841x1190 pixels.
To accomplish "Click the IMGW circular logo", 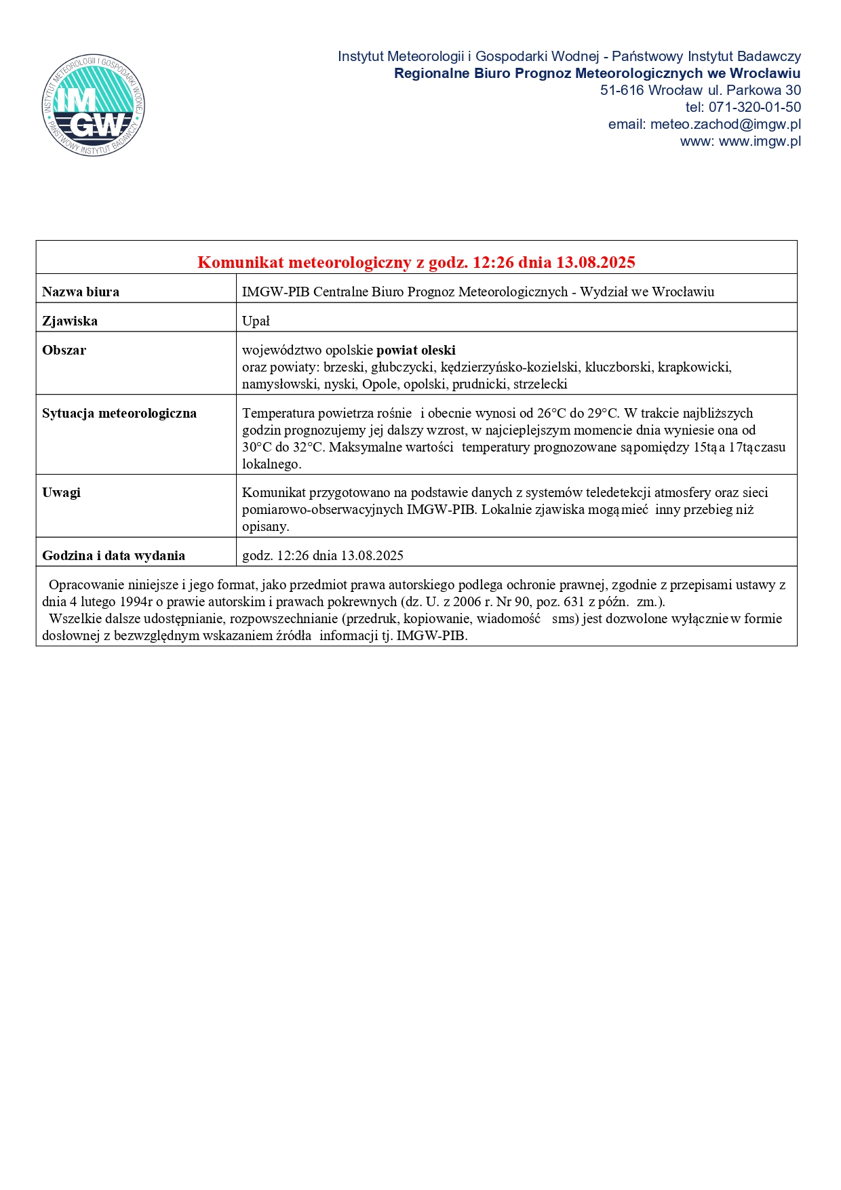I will pos(94,105).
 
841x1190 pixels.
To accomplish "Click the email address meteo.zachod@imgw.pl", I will pos(725,124).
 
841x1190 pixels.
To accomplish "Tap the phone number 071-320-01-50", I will pos(754,107).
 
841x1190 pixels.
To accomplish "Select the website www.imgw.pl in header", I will pos(760,141).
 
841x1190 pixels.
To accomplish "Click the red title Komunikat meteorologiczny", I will pos(416,262).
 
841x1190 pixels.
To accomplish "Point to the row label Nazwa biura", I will pos(81,292).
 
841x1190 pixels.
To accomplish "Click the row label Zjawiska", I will pos(70,321).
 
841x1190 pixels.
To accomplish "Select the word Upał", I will pos(256,321).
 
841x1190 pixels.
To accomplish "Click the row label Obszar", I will pos(64,350).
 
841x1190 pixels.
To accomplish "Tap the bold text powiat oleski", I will pos(416,350).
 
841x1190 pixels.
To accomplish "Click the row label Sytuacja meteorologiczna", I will pos(119,413).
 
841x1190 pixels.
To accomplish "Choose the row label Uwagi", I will pos(61,492).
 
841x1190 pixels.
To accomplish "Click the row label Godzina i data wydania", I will pos(113,555).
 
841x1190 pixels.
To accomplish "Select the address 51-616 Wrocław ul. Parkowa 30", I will pos(700,90).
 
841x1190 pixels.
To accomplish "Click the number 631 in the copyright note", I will pos(574,601).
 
